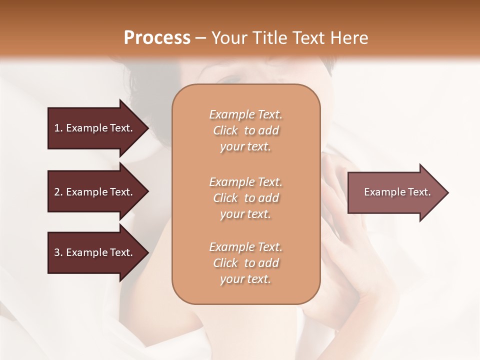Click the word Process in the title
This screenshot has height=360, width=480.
click(x=157, y=38)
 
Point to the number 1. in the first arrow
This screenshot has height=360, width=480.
click(x=58, y=128)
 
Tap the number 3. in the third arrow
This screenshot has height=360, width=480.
click(x=58, y=253)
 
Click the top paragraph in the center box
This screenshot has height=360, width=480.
click(x=245, y=130)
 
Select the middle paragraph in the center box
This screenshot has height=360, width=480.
click(x=245, y=198)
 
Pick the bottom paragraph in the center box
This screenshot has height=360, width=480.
click(x=245, y=263)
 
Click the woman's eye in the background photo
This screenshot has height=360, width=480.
click(x=231, y=78)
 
